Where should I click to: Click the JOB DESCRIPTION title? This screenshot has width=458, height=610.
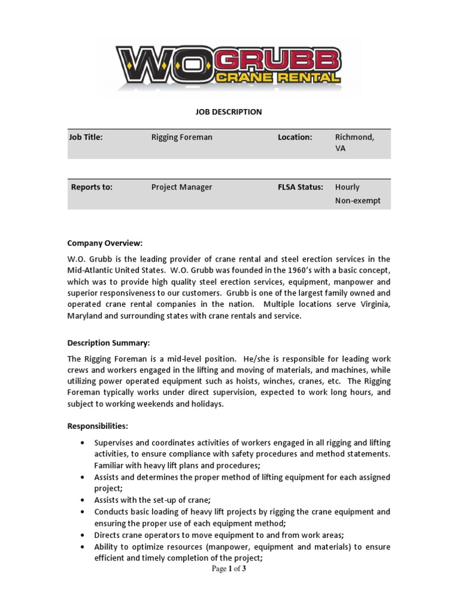click(228, 112)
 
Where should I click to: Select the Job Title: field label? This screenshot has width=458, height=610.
click(86, 138)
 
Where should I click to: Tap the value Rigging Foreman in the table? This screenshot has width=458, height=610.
click(181, 138)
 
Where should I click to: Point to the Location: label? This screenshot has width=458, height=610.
click(295, 138)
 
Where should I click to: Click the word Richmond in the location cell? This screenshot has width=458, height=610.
click(354, 138)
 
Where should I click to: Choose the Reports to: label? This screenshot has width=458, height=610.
click(91, 187)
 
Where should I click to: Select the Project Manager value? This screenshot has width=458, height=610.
click(181, 187)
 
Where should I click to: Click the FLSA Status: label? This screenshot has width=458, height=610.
click(300, 187)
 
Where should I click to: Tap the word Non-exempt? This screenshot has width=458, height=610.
click(357, 201)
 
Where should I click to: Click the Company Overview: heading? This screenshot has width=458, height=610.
click(105, 243)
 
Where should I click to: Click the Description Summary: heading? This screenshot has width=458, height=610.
click(109, 343)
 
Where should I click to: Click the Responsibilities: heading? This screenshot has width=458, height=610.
click(97, 427)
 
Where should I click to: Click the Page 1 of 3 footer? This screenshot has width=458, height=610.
click(228, 569)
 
